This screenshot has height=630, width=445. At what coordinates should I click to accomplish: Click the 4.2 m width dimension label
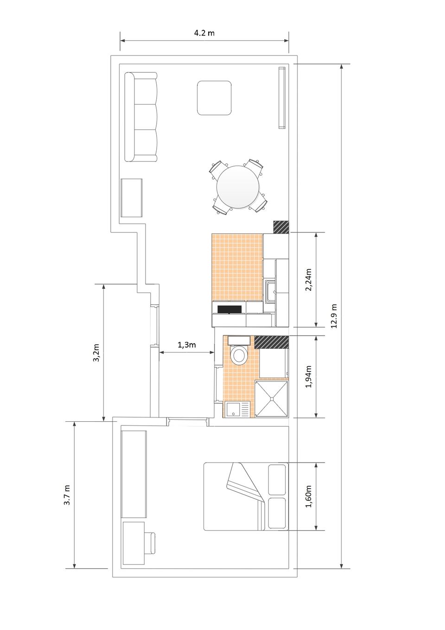pyautogui.click(x=204, y=33)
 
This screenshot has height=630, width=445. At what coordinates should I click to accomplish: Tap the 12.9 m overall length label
pyautogui.click(x=334, y=316)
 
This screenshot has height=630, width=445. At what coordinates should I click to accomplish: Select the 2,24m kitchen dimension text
pyautogui.click(x=309, y=280)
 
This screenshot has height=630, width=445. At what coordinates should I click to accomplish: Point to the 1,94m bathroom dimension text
pyautogui.click(x=309, y=376)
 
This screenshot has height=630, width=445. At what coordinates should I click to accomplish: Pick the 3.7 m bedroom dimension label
pyautogui.click(x=67, y=495)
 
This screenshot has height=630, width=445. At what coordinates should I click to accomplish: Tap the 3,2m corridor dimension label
pyautogui.click(x=96, y=353)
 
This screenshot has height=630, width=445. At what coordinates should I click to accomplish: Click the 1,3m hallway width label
pyautogui.click(x=186, y=345)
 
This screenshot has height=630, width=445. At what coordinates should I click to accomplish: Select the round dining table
pyautogui.click(x=238, y=187)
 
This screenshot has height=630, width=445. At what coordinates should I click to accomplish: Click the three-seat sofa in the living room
pyautogui.click(x=140, y=117)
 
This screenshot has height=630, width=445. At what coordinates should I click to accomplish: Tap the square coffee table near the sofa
pyautogui.click(x=214, y=98)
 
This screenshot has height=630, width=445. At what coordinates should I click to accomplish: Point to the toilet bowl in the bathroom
pyautogui.click(x=239, y=355)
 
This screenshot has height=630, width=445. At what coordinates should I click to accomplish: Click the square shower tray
pyautogui.click(x=272, y=398)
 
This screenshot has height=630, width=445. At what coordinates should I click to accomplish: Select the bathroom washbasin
pyautogui.click(x=237, y=410)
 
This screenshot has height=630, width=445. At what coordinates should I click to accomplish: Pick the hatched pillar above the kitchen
pyautogui.click(x=281, y=227)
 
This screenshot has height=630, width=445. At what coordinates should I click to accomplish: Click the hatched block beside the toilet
pyautogui.click(x=271, y=342)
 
